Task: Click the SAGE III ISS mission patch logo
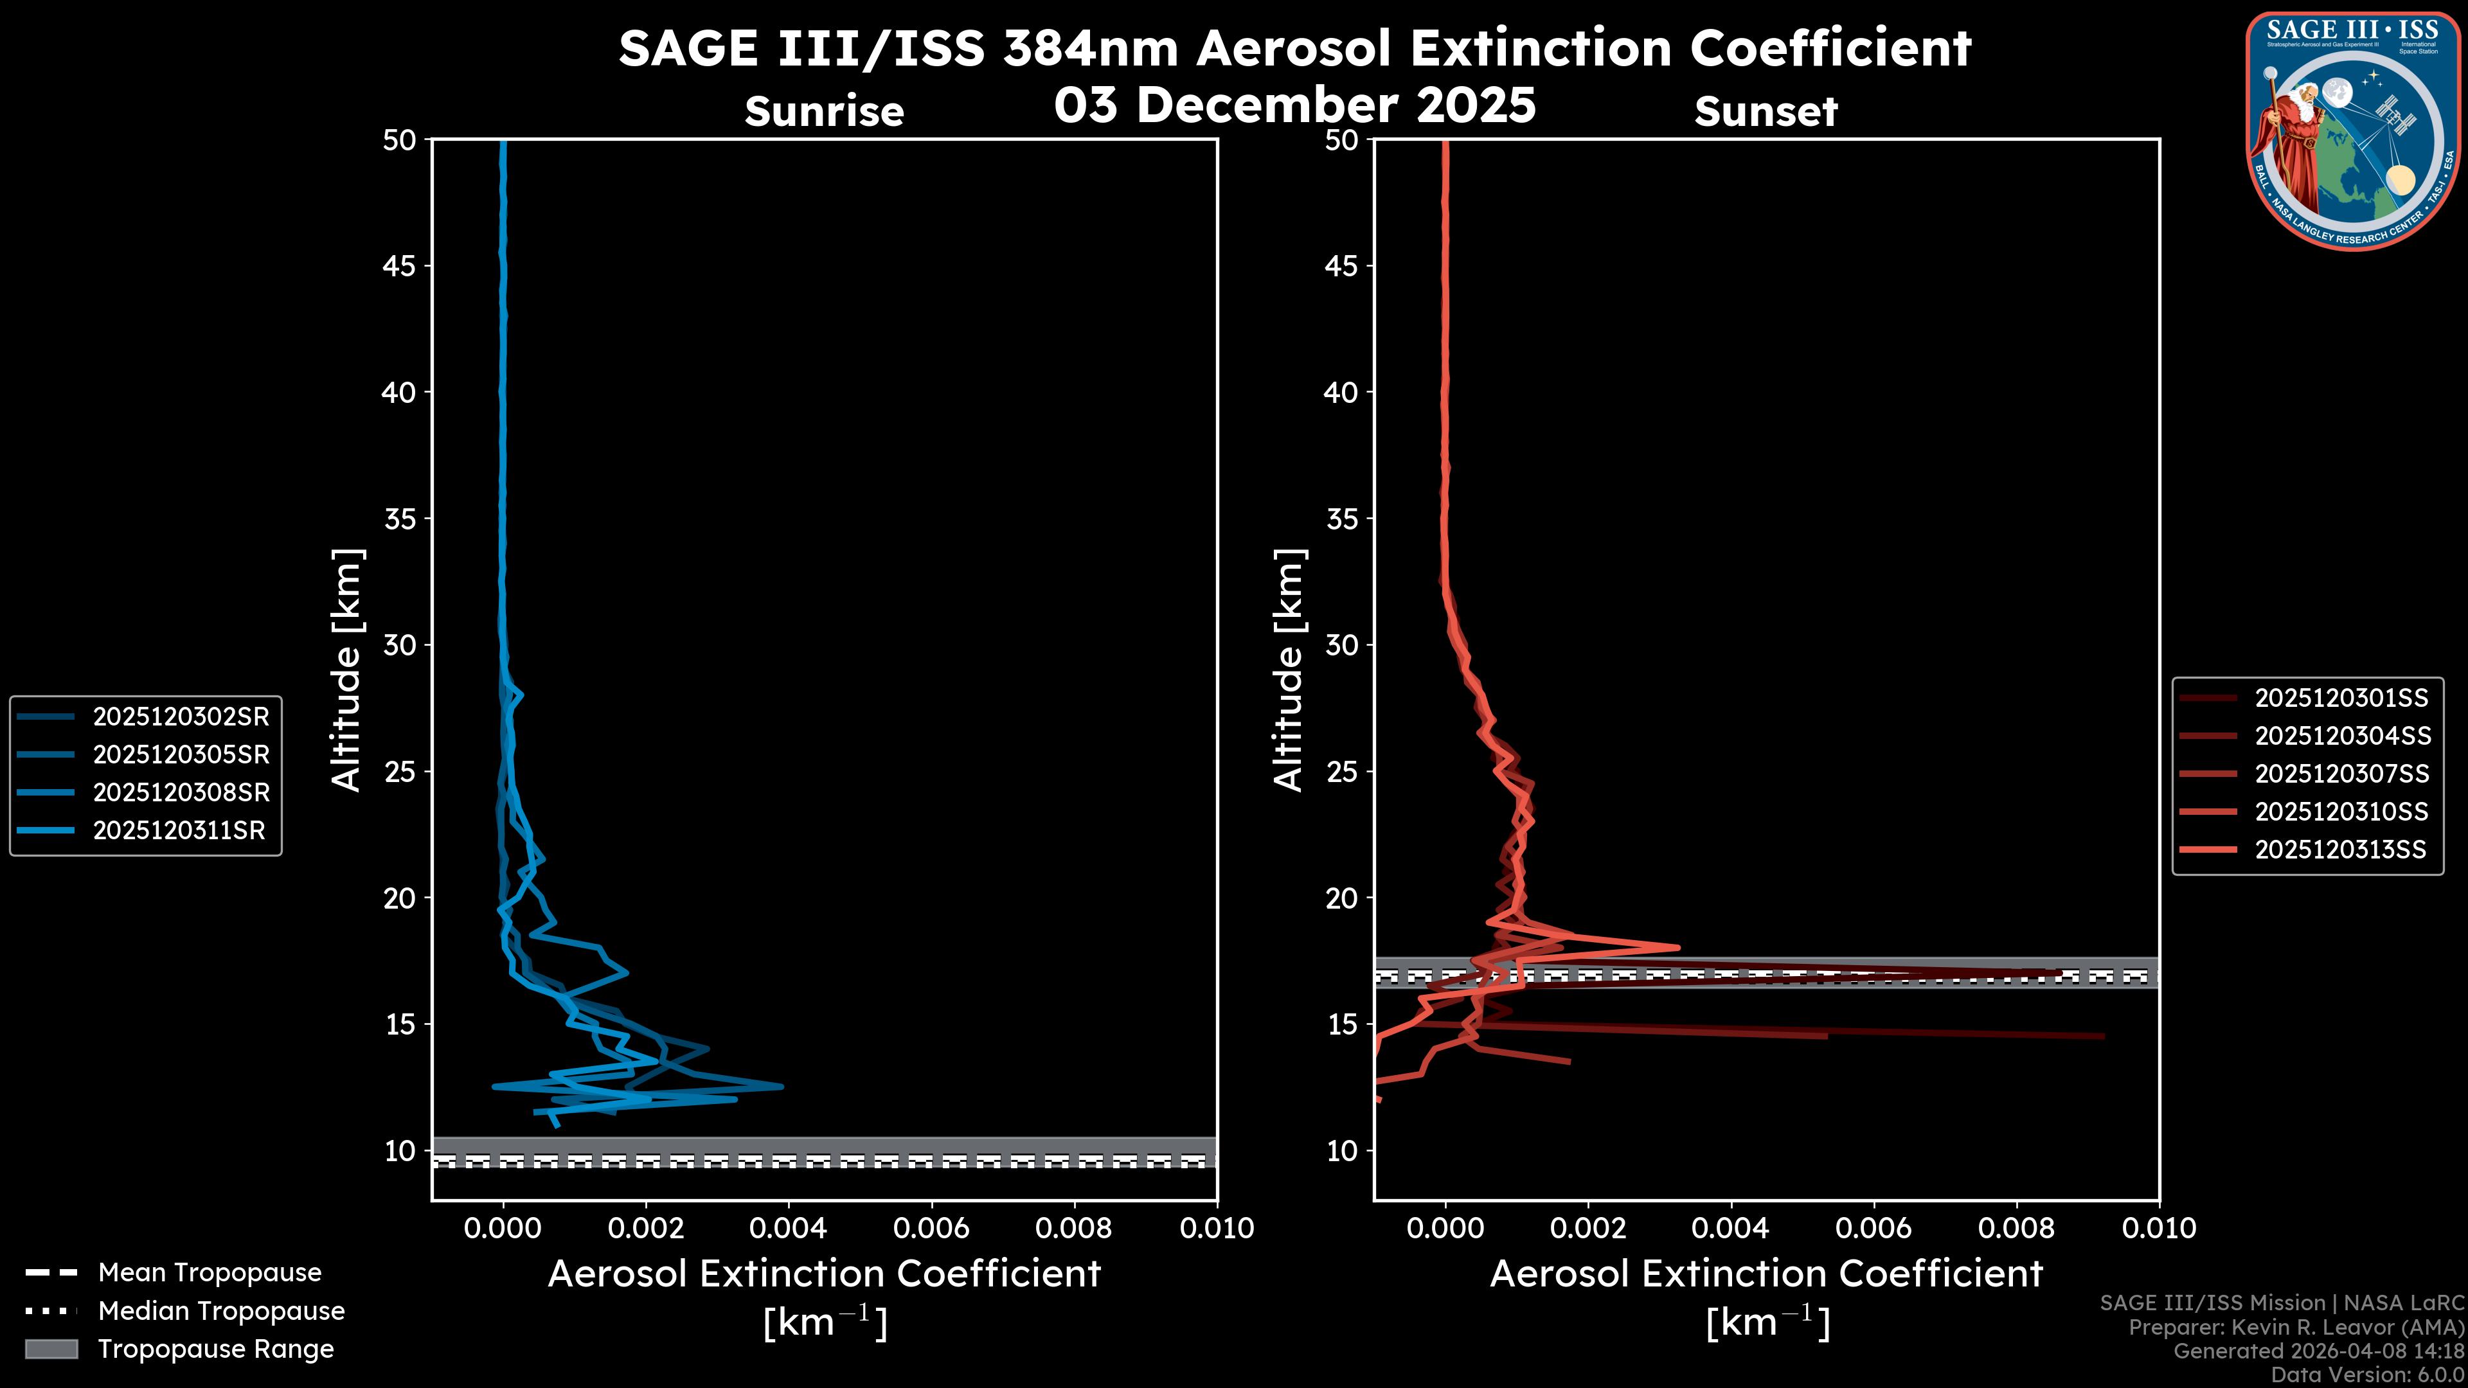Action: pyautogui.click(x=2353, y=130)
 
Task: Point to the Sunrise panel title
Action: pyautogui.click(x=824, y=112)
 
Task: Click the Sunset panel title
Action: pyautogui.click(x=1766, y=112)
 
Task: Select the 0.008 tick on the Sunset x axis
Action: pyautogui.click(x=2017, y=1228)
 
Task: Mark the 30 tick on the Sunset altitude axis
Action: pyautogui.click(x=1342, y=645)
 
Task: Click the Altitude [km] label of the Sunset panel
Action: pyautogui.click(x=1289, y=670)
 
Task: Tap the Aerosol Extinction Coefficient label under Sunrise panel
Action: pyautogui.click(x=824, y=1274)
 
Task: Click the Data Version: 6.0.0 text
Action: pyautogui.click(x=2366, y=1376)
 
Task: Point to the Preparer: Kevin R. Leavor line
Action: pyautogui.click(x=2296, y=1328)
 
